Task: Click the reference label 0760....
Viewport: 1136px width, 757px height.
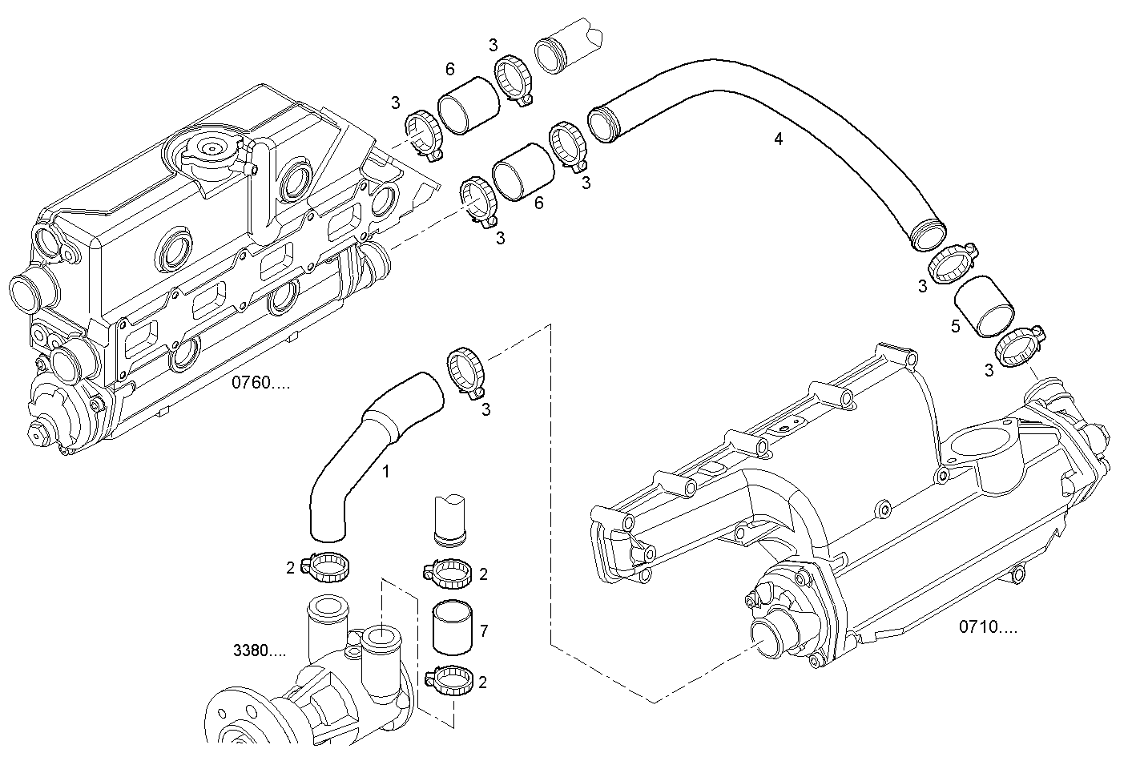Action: click(261, 382)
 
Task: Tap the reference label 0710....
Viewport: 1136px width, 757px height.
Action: click(988, 626)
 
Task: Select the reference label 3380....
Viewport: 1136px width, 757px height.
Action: click(259, 650)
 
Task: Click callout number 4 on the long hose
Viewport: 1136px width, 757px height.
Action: click(778, 139)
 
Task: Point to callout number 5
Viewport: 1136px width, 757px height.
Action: click(955, 326)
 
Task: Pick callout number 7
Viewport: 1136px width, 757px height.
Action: click(484, 631)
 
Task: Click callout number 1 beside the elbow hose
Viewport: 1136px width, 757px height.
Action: click(385, 472)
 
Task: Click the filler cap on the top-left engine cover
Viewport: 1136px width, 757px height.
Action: click(213, 151)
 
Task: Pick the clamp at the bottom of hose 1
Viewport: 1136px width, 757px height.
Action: click(325, 568)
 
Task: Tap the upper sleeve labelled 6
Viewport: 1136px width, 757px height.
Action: click(469, 105)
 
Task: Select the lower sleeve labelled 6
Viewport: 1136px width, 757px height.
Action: click(524, 171)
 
